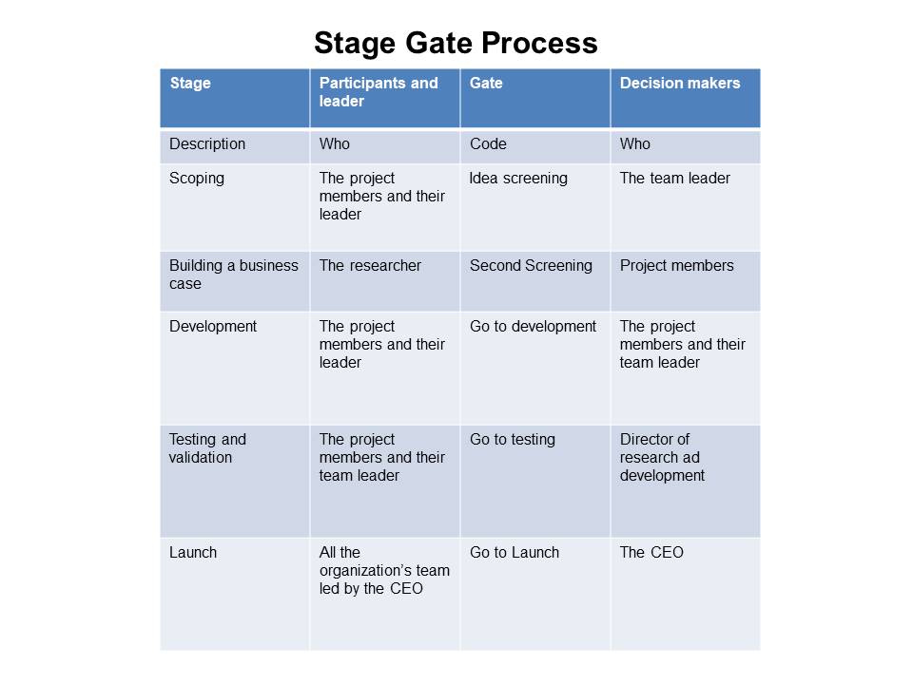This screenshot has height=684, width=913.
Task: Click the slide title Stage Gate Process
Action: (x=456, y=43)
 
